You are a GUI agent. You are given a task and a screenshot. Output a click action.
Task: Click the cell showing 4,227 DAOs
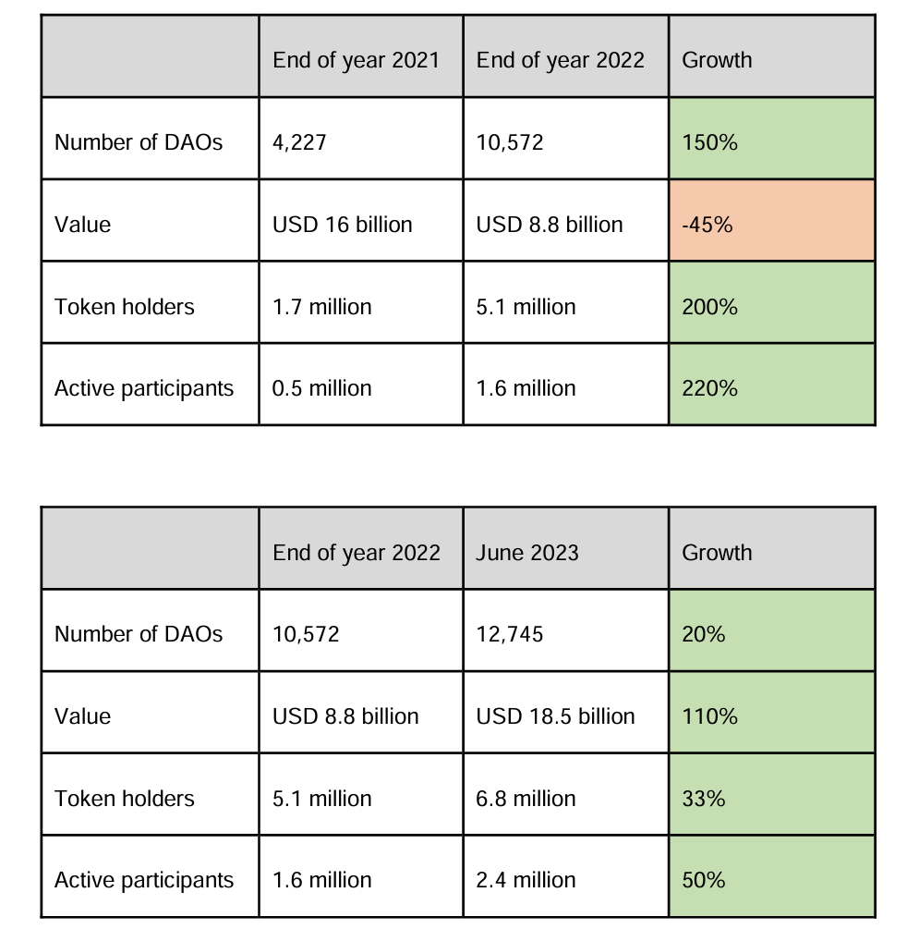click(360, 142)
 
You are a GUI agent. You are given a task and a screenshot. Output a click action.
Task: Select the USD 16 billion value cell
click(360, 225)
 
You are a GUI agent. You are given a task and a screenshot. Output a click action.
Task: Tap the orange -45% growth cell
click(771, 225)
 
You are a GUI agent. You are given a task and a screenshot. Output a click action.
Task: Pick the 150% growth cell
click(771, 142)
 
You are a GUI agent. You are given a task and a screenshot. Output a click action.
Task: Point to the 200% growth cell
click(771, 307)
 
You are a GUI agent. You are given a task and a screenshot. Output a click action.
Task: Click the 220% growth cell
click(771, 388)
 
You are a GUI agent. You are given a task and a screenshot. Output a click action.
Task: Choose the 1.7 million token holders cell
click(360, 307)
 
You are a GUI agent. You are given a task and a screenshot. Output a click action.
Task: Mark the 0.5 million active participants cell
click(360, 388)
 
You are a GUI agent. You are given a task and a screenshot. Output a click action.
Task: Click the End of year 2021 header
click(360, 60)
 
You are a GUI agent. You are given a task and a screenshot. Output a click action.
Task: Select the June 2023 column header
click(565, 553)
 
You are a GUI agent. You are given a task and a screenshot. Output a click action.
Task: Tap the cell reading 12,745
click(565, 634)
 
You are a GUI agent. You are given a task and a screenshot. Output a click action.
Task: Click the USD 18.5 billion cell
click(565, 716)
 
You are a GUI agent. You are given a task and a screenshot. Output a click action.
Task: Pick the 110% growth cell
click(771, 716)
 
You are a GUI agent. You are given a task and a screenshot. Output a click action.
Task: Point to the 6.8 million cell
click(565, 799)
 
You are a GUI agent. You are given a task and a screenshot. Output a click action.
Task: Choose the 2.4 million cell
click(565, 880)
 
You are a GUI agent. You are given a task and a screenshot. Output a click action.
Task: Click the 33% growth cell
click(771, 799)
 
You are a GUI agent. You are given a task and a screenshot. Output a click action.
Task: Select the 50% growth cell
click(771, 880)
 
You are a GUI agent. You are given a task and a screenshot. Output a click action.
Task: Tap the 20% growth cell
click(771, 634)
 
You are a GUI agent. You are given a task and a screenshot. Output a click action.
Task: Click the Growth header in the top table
click(771, 60)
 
